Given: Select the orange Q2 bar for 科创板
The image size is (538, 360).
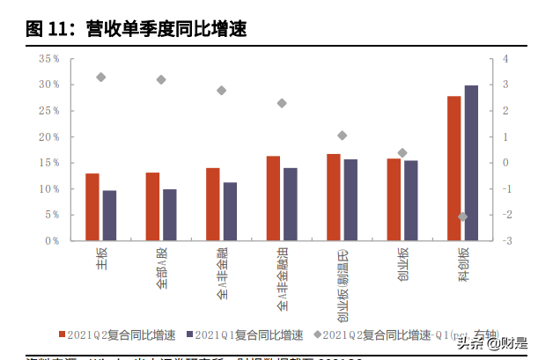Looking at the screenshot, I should tap(453, 167).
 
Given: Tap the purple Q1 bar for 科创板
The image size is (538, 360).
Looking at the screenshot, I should tap(471, 162).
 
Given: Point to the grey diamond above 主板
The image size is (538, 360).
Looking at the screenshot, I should tap(100, 77).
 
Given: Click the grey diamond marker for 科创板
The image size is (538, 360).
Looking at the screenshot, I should tap(463, 217).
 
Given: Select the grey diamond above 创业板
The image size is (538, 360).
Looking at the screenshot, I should tap(402, 153).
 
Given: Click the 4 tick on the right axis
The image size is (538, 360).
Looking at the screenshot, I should tap(505, 59).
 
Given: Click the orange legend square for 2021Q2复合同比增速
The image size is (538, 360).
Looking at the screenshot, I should tap(63, 335).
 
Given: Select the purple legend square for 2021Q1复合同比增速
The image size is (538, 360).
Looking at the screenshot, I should tap(187, 335).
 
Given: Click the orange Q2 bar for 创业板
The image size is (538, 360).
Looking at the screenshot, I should tap(393, 199).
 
